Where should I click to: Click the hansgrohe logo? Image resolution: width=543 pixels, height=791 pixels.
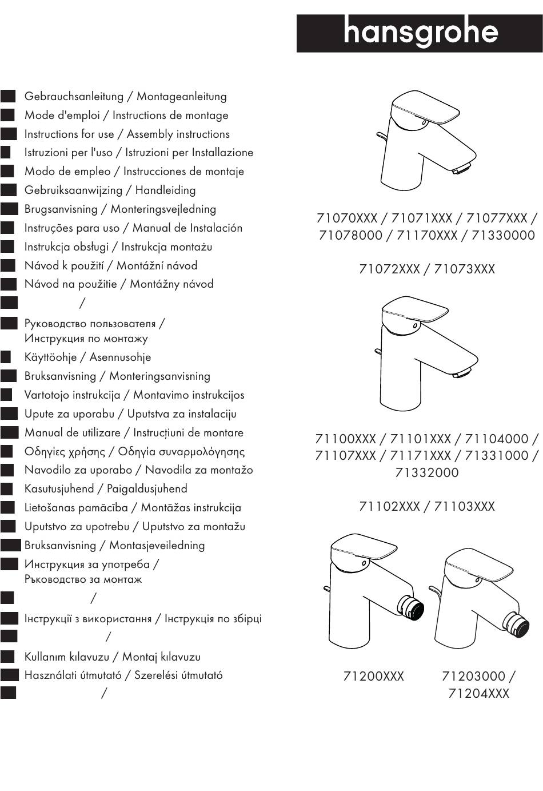[420, 33]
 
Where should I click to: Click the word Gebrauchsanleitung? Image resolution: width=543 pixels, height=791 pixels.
[66, 97]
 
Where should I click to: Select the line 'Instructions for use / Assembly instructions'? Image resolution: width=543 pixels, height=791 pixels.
[127, 134]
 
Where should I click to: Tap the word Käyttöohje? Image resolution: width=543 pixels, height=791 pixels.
[50, 357]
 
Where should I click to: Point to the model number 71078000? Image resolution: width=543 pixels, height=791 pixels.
[350, 235]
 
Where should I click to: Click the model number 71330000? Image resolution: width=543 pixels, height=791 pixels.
[504, 235]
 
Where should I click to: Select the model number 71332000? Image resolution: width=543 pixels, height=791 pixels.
[427, 472]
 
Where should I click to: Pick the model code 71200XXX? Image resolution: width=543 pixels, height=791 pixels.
[374, 677]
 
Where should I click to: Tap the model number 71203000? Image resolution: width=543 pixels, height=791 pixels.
[474, 677]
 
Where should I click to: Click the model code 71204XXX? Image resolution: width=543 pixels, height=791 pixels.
[478, 694]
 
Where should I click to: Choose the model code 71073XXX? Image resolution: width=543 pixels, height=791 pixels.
[465, 269]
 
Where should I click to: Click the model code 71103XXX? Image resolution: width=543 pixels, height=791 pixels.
[465, 507]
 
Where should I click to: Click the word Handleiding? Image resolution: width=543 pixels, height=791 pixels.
[165, 190]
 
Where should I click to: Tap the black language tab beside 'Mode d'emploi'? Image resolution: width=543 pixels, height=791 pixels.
[7, 115]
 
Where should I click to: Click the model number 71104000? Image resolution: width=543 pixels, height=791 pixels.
[497, 439]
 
